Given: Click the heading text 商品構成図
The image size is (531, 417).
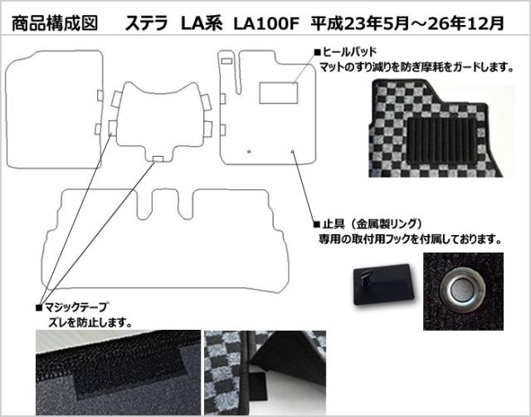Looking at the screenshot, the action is coord(55,24).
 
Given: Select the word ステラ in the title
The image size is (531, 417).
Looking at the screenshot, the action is coord(147,24).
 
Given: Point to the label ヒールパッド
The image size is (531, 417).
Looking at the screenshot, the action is coord(346,52).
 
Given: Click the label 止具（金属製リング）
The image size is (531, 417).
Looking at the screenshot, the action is coord(368,224).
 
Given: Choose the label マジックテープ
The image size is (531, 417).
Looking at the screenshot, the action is coord(72,307).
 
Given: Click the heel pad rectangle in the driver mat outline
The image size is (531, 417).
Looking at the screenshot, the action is coord(279,92).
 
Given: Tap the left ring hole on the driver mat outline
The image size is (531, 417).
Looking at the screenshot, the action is coord(249,151).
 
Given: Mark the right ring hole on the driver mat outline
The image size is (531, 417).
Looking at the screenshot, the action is coord(292,151).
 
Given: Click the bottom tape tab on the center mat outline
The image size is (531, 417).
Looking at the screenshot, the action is coord(158,159).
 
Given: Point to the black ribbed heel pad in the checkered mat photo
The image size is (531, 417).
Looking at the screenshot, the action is coord(441,141).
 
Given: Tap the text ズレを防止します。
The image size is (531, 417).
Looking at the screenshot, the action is coord(90,322).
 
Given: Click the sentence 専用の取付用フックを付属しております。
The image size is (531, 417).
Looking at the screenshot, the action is coord(410,240).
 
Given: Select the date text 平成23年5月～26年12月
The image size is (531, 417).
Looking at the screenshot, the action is coord(407,24).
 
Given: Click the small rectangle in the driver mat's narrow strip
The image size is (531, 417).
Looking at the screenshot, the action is coord(227,61).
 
